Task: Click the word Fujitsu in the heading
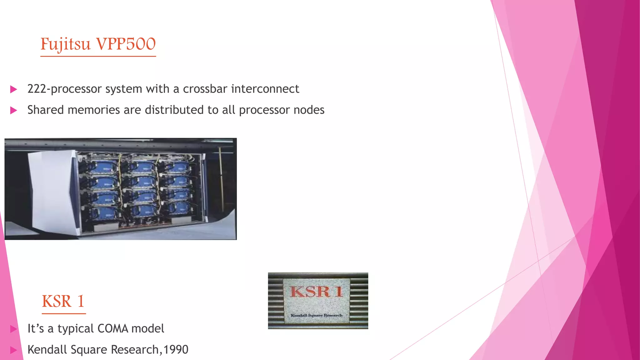click(x=65, y=44)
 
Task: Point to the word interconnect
click(x=265, y=89)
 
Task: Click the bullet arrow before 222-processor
click(x=13, y=89)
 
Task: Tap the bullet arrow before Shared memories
click(x=13, y=110)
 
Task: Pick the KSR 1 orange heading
click(x=63, y=301)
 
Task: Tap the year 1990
click(x=176, y=350)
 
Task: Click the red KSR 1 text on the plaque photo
click(x=316, y=292)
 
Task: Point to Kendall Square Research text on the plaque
click(x=316, y=315)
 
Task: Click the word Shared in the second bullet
click(x=46, y=110)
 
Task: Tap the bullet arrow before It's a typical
click(x=13, y=329)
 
